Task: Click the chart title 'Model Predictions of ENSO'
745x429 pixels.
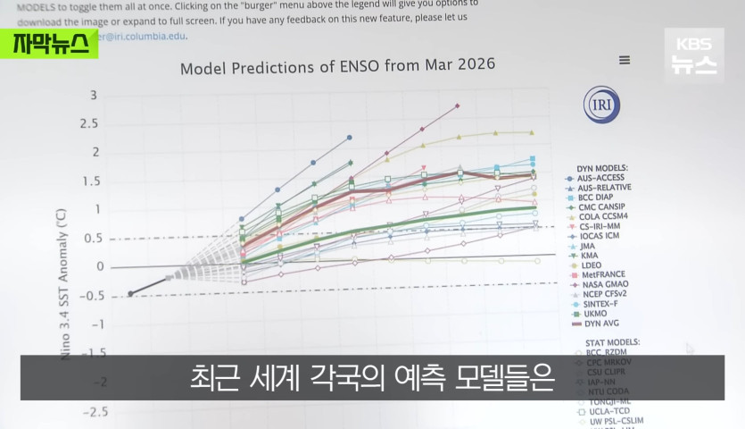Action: coord(337,66)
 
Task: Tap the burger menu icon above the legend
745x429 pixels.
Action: coord(625,60)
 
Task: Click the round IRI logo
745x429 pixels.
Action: coord(598,105)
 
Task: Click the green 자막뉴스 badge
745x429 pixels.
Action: coord(50,44)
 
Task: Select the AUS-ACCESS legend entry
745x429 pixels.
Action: coord(603,177)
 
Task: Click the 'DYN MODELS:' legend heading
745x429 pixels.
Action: coord(602,167)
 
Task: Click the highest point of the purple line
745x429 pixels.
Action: coord(457,105)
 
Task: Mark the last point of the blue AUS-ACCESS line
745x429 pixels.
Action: coord(349,138)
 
